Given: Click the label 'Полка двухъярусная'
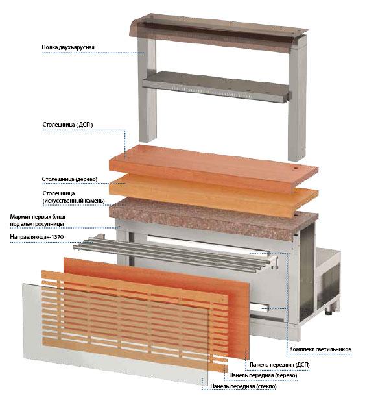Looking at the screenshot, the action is [x=68, y=47].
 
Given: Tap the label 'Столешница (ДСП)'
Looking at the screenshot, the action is [x=67, y=125].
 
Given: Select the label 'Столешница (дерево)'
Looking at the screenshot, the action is [x=69, y=179].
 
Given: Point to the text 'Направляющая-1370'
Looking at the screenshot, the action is [x=36, y=237].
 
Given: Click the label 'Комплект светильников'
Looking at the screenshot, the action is [x=320, y=349].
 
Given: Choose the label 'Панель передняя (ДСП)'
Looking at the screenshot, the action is [x=279, y=365].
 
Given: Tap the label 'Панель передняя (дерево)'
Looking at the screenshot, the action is [x=263, y=375].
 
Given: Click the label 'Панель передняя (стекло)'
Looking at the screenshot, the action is [x=243, y=386].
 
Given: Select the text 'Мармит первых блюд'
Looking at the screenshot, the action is [x=38, y=217].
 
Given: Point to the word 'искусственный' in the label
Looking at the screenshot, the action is [x=65, y=201].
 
